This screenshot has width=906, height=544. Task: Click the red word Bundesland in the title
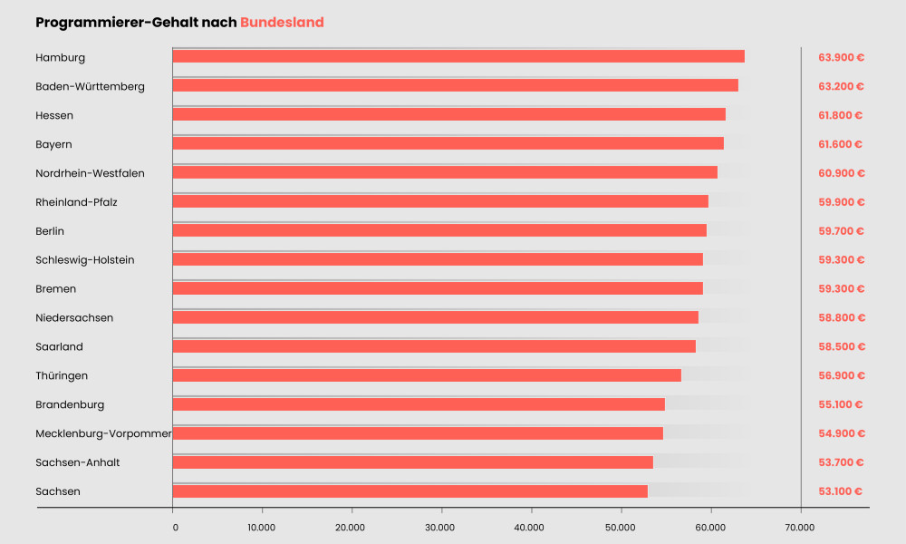282,22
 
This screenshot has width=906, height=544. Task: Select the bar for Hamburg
458,56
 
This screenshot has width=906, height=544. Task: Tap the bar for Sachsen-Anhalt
412,462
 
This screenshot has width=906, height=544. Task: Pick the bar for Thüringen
427,375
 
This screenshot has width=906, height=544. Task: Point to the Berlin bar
439,230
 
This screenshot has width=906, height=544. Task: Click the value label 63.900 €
841,57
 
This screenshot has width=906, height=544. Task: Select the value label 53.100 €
841,491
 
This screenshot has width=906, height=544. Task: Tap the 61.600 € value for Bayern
841,144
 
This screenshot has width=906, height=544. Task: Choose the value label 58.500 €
841,346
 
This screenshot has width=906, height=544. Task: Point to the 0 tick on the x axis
174,526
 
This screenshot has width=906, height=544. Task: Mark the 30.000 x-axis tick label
440,526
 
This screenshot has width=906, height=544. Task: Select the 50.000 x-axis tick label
621,526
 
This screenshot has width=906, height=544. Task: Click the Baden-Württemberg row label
90,86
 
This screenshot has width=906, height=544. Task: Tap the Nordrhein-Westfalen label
90,173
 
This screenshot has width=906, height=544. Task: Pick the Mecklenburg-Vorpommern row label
103,433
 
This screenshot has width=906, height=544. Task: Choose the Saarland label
61,346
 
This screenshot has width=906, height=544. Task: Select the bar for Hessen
449,114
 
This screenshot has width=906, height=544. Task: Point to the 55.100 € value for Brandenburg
841,404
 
